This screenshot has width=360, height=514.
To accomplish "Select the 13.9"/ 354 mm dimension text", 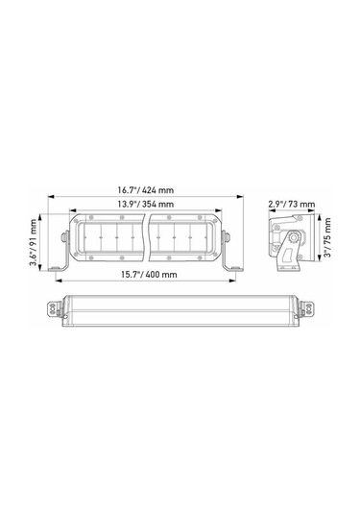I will [x=145, y=205].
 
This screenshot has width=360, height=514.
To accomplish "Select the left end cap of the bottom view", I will [x=54, y=309].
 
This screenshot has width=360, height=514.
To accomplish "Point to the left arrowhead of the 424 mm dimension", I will [x=51, y=198].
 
